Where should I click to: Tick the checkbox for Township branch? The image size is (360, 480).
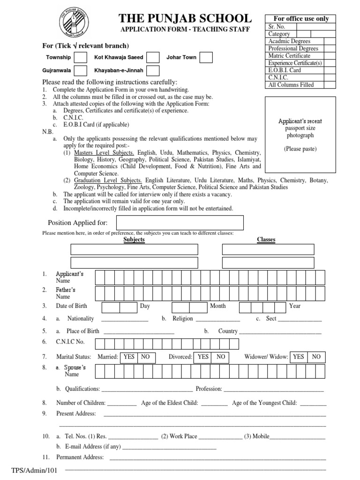[81, 58]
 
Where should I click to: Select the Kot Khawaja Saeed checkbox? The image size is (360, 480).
[152, 58]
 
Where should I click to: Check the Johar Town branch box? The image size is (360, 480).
[206, 58]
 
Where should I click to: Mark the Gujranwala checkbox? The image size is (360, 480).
[81, 71]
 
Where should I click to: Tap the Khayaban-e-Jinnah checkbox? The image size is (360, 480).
[152, 71]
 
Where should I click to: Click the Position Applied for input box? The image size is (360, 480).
[180, 223]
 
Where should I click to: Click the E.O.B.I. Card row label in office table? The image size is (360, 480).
[285, 70]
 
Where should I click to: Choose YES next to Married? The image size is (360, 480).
[129, 357]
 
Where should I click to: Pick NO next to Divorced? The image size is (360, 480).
[221, 357]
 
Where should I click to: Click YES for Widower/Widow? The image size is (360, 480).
[298, 357]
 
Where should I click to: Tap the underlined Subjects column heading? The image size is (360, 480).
[134, 240]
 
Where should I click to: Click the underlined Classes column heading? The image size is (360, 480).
[266, 240]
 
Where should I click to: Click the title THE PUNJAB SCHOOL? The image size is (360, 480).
[185, 18]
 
